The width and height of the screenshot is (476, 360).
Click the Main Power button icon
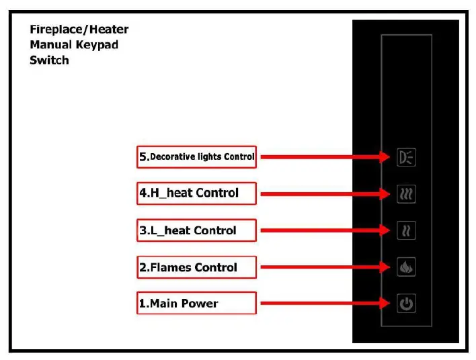(x=405, y=304)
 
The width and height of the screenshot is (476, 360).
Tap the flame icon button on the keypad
(x=405, y=267)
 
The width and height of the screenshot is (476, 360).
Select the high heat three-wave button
(x=405, y=194)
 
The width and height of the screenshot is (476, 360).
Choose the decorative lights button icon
(x=405, y=157)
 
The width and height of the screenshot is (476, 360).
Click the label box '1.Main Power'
(x=197, y=303)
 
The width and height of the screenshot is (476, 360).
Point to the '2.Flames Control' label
(x=197, y=267)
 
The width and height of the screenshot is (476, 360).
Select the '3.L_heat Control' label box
(x=197, y=230)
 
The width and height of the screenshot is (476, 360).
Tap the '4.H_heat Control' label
(x=197, y=193)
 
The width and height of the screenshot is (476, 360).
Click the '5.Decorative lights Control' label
(x=197, y=157)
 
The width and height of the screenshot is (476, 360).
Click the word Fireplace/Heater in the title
(x=79, y=30)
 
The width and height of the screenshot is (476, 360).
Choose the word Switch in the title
(x=49, y=60)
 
